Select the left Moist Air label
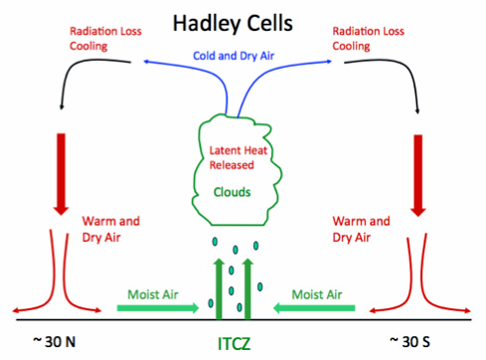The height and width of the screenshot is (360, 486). coord(152,293)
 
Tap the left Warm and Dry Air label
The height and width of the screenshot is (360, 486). coord(107,229)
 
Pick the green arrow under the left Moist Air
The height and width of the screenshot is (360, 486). coord(154,309)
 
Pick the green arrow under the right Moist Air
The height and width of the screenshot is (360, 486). coord(321,309)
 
